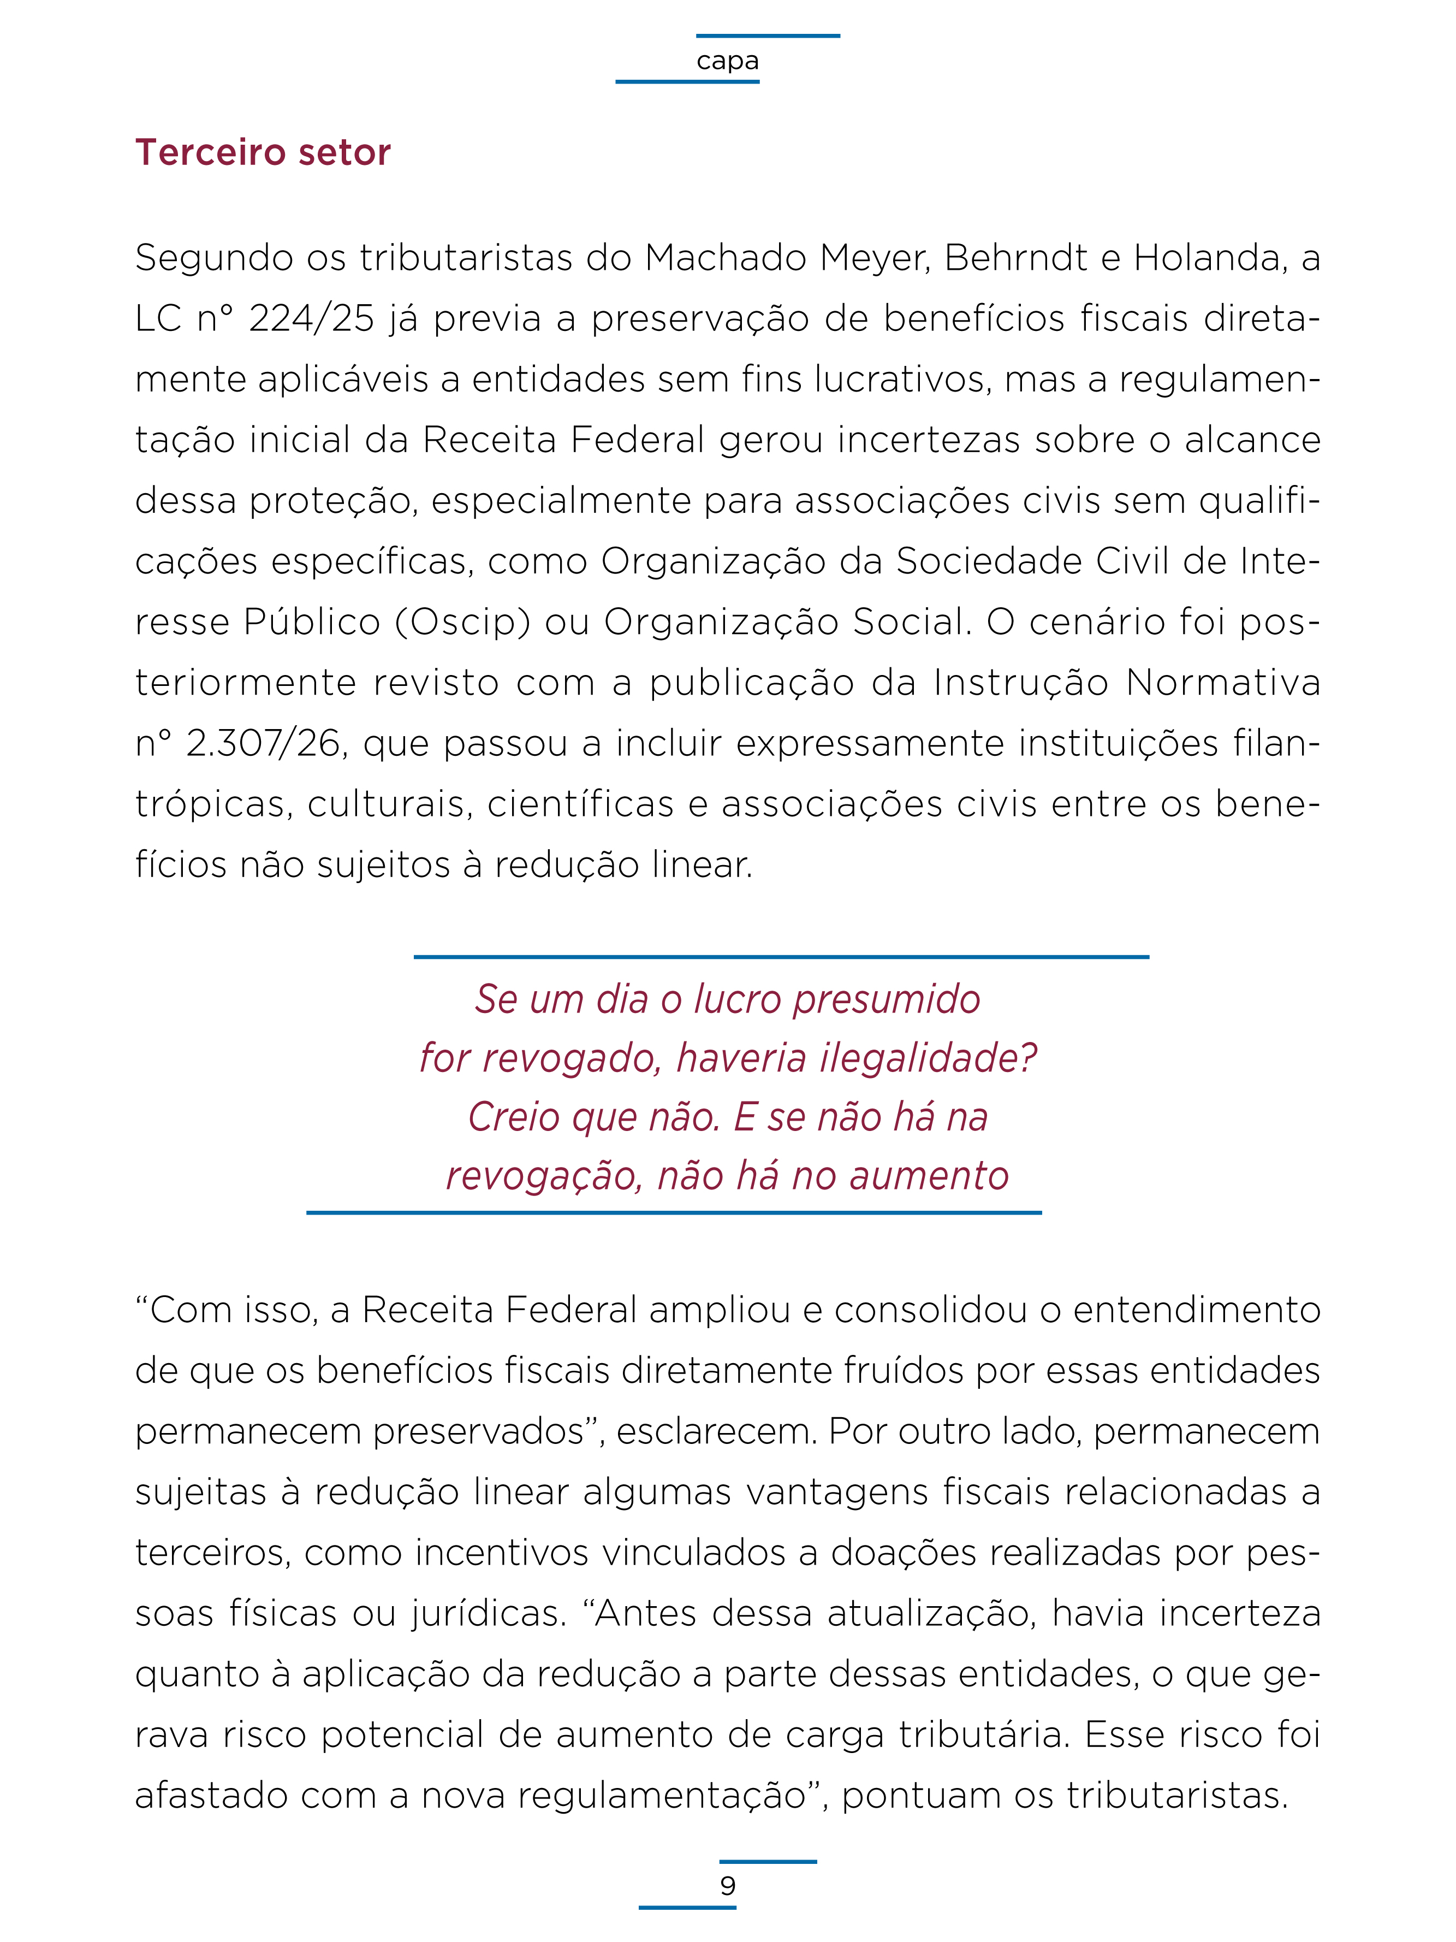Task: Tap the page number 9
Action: click(728, 1885)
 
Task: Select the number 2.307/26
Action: click(263, 744)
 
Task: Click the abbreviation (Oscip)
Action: click(462, 623)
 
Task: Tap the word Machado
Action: click(725, 258)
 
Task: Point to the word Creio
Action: click(513, 1117)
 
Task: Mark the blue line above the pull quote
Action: click(781, 957)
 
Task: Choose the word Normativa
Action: click(1222, 683)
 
